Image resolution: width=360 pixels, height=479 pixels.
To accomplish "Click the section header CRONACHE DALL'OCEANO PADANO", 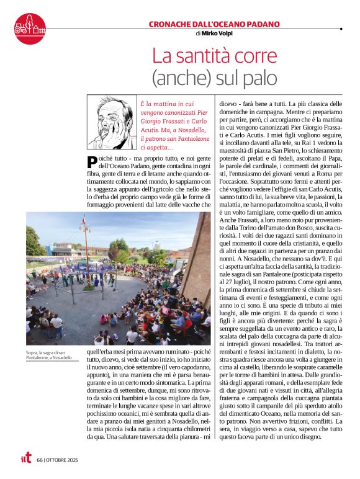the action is point(214,24).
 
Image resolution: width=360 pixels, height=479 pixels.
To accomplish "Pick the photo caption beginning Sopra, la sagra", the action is point(49,356).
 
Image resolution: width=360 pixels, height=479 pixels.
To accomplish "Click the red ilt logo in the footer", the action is point(25,459).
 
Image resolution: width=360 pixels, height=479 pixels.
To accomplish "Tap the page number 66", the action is point(40,460).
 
